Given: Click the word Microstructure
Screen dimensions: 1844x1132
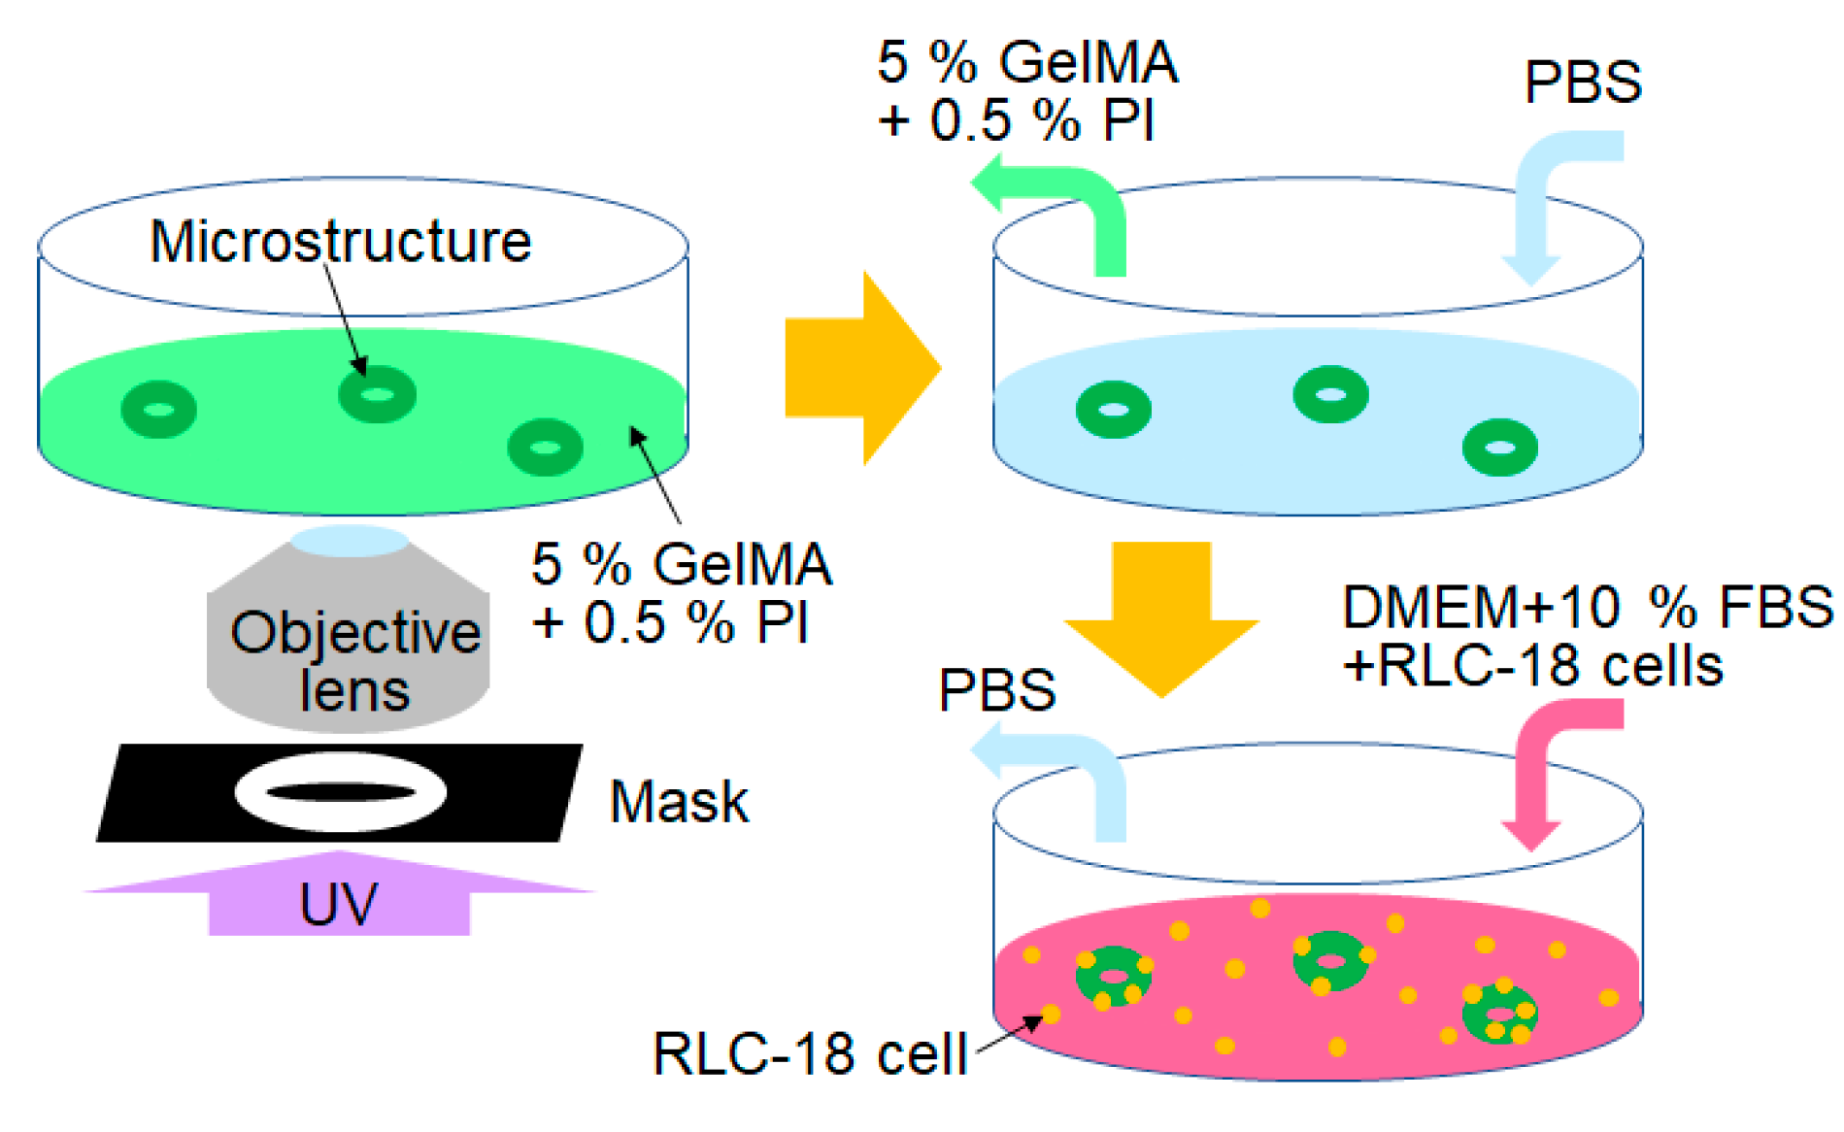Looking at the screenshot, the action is tap(340, 242).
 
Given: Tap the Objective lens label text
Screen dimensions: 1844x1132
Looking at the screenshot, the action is tap(355, 661).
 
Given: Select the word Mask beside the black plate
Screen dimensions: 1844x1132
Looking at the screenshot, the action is tap(679, 802).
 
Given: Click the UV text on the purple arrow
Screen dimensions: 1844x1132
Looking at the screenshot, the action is tap(338, 904).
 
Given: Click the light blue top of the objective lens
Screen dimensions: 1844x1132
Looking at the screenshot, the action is tap(351, 541).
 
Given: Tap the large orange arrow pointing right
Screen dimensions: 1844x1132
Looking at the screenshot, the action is tap(863, 368).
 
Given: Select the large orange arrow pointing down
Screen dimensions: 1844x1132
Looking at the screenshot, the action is tap(1161, 619).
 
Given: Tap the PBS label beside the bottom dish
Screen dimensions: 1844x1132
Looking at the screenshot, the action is tap(997, 690).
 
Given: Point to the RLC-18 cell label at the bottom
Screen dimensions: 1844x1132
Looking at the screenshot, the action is tap(811, 1053).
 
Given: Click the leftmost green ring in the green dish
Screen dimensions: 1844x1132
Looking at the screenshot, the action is tap(159, 410).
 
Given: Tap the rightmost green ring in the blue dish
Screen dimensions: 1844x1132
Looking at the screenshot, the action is tap(1500, 448).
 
